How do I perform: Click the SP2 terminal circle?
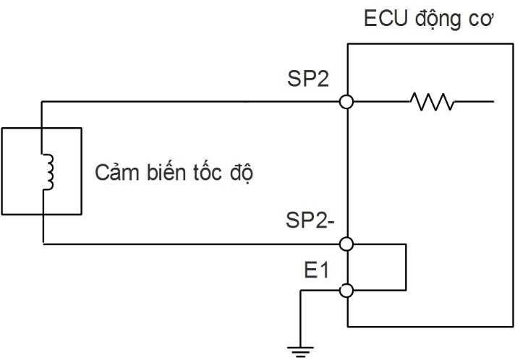(x=347, y=103)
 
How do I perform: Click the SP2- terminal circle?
(x=347, y=244)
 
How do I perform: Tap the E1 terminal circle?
(x=347, y=291)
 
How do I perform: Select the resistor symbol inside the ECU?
(x=432, y=103)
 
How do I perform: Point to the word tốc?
(x=203, y=174)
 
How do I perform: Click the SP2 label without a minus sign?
(x=308, y=78)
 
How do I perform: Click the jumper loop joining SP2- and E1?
(x=407, y=267)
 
